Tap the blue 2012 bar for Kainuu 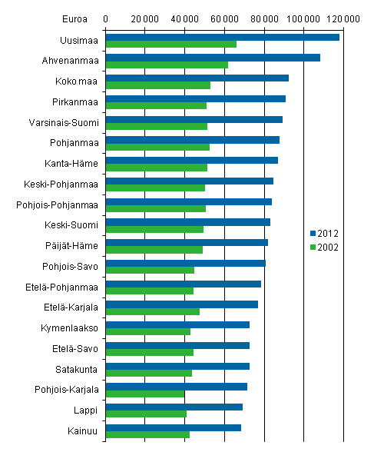click(x=173, y=427)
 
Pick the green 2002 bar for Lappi click(x=145, y=414)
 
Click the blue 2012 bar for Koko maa click(x=196, y=78)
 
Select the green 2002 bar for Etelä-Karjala click(x=152, y=311)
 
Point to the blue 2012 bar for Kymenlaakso click(x=177, y=324)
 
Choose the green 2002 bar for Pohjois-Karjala click(x=144, y=394)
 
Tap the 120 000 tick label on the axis click(x=343, y=17)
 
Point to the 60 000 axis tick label click(x=223, y=17)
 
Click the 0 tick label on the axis click(x=105, y=17)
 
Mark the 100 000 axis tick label click(x=303, y=17)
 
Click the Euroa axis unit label click(x=75, y=17)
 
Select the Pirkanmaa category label click(x=77, y=101)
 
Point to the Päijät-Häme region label click(x=75, y=245)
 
